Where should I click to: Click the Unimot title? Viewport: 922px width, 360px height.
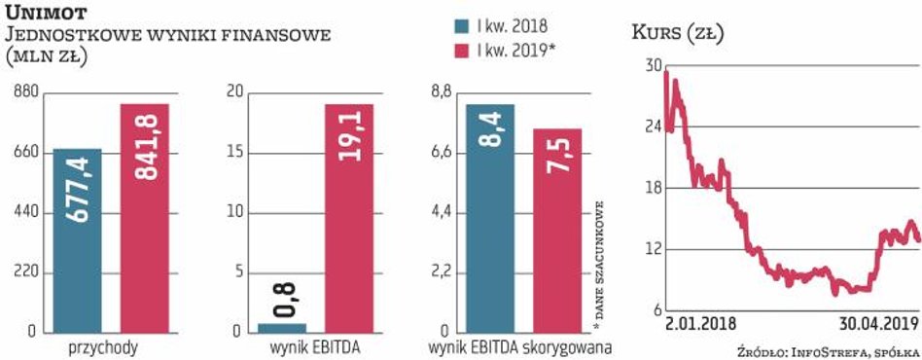[50, 13]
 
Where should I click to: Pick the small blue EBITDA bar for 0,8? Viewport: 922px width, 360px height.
[282, 327]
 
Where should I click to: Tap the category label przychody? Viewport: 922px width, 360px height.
[101, 347]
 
